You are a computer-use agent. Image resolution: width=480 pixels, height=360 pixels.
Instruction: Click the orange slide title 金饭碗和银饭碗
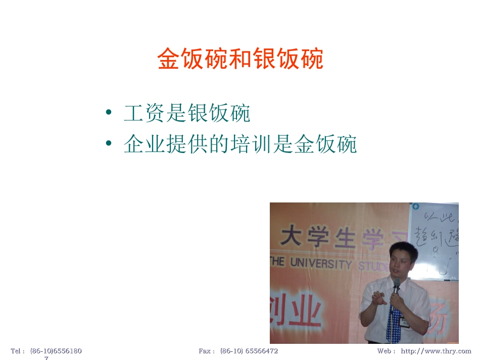[240, 59]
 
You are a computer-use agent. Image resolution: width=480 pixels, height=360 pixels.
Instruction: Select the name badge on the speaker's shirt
[405, 321]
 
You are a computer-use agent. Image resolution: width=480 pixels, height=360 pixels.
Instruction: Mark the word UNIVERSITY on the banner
[320, 263]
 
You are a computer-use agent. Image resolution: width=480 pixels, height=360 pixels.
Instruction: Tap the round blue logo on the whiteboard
[415, 207]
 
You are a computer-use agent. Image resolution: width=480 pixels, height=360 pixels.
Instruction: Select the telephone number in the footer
[56, 351]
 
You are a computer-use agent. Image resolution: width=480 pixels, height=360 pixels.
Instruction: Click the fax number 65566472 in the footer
[261, 351]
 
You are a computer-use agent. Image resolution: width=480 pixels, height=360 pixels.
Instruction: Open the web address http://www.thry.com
[436, 351]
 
